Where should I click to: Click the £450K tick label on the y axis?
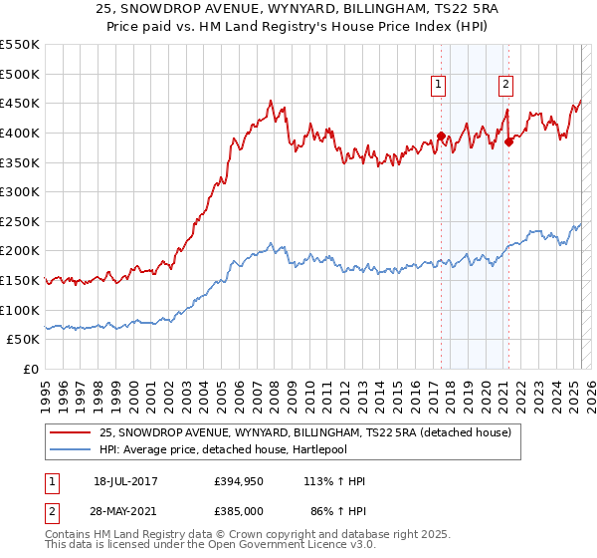(x=20, y=103)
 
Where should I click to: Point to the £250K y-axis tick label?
(x=20, y=221)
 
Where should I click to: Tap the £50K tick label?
(x=24, y=340)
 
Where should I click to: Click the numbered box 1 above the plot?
(x=439, y=85)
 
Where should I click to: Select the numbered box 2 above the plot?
(x=506, y=85)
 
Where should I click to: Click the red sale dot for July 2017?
(x=441, y=137)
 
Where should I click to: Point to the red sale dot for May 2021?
(x=508, y=141)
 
